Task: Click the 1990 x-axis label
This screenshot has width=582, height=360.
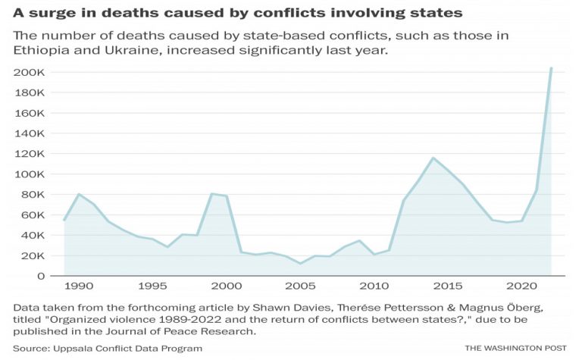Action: (x=79, y=289)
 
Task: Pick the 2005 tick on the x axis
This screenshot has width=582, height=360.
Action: (x=300, y=289)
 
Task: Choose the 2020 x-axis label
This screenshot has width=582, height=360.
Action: (x=521, y=289)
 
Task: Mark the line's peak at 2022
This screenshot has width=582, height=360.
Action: (x=551, y=68)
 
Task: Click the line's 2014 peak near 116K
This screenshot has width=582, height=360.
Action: (x=433, y=158)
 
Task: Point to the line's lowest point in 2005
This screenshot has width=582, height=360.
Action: (x=300, y=264)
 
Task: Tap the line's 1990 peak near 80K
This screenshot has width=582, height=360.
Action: (x=79, y=194)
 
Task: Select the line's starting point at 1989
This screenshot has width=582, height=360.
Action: (x=64, y=220)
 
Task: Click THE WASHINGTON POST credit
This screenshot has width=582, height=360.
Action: (x=515, y=348)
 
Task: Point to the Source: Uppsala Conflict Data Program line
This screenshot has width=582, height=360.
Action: (x=108, y=348)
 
